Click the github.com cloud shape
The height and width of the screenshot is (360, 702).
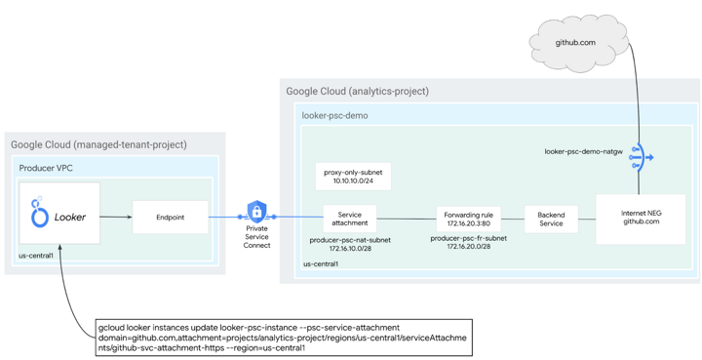(x=576, y=43)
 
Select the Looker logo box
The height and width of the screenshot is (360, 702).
(x=59, y=217)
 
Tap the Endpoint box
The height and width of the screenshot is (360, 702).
(x=170, y=218)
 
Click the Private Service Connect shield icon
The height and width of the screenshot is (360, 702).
(x=256, y=212)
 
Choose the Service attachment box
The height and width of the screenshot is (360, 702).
(x=349, y=219)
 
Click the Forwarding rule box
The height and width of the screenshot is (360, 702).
(x=468, y=219)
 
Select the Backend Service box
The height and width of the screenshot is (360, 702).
(x=551, y=219)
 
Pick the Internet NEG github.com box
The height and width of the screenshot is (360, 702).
(x=641, y=218)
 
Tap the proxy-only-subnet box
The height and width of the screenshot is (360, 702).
(x=355, y=177)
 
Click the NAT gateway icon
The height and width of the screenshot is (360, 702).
(x=639, y=156)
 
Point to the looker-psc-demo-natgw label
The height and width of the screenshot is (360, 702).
(x=583, y=152)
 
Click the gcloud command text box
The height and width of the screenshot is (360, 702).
(x=283, y=337)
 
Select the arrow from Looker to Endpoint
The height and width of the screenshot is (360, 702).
(x=116, y=218)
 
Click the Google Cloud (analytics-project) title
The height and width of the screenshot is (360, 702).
(x=357, y=92)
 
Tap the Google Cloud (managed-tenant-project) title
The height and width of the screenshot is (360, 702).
(x=98, y=144)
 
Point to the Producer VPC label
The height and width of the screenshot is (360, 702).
(x=46, y=168)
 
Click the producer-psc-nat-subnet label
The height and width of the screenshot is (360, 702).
(x=349, y=243)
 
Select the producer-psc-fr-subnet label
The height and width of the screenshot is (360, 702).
(x=468, y=242)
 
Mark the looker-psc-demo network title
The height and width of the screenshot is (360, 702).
(x=334, y=115)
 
